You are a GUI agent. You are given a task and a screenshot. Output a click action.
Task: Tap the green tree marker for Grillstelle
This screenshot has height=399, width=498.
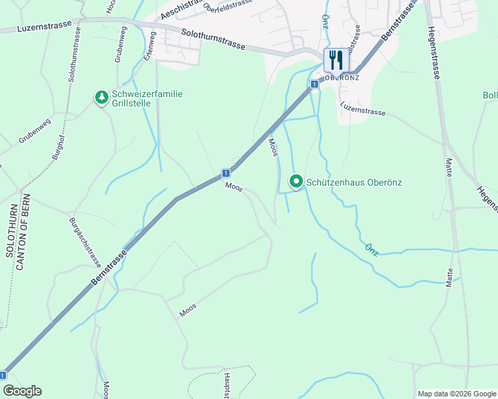click(x=101, y=98)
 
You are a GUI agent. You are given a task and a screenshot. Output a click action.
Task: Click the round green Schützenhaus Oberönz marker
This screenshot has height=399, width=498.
click(x=296, y=181)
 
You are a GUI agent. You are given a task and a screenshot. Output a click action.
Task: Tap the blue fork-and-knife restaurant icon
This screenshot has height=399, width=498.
click(x=335, y=60)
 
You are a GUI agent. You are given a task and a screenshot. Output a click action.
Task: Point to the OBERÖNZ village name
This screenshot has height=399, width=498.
click(x=342, y=77)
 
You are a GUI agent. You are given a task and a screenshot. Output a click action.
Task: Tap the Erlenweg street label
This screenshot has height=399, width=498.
click(x=147, y=47)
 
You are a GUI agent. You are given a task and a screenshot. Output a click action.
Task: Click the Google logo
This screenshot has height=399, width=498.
click(x=22, y=391)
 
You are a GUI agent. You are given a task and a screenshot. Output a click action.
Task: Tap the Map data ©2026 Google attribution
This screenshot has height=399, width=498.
click(x=456, y=394)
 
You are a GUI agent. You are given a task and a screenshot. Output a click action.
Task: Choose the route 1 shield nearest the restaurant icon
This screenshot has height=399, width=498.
click(x=312, y=84)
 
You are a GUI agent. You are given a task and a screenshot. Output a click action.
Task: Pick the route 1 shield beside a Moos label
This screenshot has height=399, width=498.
click(x=226, y=173)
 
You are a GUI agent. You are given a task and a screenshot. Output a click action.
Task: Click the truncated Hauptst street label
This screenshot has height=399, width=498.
click(x=227, y=384)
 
